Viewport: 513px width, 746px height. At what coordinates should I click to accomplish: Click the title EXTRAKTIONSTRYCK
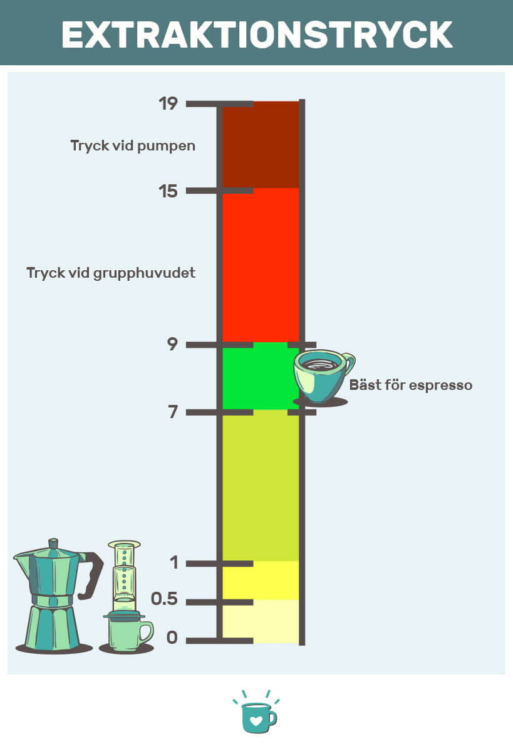point(257,34)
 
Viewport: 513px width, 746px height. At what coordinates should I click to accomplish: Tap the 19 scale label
point(168,103)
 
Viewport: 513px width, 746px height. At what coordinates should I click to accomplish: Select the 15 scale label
point(168,191)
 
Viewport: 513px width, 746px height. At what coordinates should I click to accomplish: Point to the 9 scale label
point(172,344)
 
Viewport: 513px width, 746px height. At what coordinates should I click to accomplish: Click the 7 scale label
point(173,411)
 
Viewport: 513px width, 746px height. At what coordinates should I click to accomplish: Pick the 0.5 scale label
point(164,599)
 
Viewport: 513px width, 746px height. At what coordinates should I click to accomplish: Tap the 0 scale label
point(172,638)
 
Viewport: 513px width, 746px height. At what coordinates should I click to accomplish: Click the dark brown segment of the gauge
point(261,145)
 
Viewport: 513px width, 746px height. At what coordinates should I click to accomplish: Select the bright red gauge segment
point(261,265)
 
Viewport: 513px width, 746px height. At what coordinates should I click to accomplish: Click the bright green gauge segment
point(261,376)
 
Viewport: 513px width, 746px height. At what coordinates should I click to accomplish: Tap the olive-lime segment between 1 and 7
point(261,485)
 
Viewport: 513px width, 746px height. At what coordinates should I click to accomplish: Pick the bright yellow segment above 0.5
point(261,580)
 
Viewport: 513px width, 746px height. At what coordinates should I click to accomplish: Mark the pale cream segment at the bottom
point(261,621)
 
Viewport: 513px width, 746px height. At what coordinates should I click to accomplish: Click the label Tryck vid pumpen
point(133,145)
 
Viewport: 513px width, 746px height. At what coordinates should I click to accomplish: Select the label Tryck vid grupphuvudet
point(111,273)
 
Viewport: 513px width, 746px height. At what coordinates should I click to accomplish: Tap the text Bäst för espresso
point(411,385)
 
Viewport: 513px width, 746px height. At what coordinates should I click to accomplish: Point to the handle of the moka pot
point(93,575)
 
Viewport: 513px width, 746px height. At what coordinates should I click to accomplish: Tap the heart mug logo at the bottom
point(257,713)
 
